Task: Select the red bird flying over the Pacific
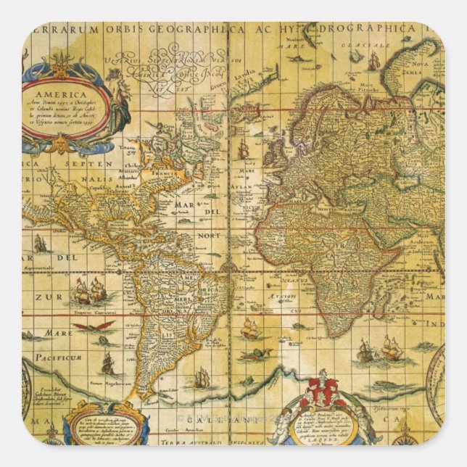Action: pos(93,327)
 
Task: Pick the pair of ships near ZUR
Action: pos(90,292)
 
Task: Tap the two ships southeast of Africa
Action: pos(380,351)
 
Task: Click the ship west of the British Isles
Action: pos(243,150)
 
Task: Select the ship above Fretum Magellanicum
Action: pos(107,362)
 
